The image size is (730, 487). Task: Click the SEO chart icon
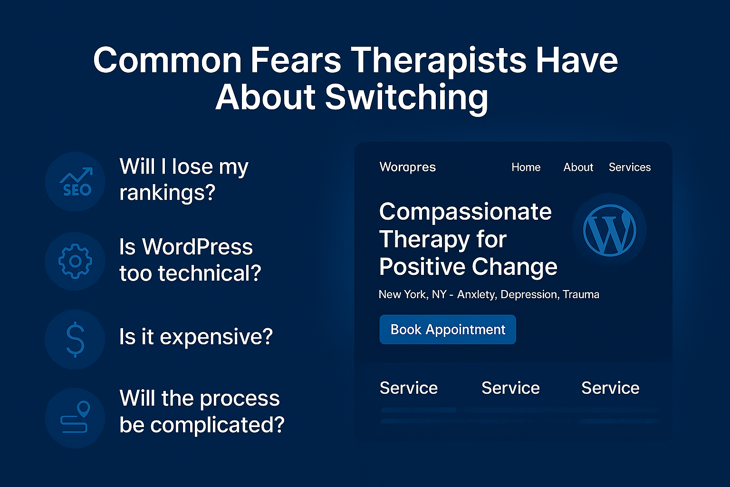(x=76, y=182)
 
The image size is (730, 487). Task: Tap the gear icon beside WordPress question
(x=75, y=261)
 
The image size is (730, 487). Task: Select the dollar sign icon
(x=75, y=339)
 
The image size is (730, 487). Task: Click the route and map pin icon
(x=75, y=418)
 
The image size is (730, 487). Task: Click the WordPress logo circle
(x=609, y=230)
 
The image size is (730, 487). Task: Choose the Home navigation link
(x=526, y=167)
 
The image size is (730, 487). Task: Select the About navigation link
(x=578, y=167)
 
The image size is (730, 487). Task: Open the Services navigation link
(x=630, y=167)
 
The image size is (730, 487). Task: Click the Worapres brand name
(x=407, y=167)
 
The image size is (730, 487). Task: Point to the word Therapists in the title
(x=438, y=60)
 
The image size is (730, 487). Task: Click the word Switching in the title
(x=406, y=97)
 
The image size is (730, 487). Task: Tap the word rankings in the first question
(x=167, y=193)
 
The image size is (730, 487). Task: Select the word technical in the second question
(x=209, y=273)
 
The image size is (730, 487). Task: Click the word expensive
(x=216, y=337)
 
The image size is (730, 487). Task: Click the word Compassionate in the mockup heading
(x=465, y=212)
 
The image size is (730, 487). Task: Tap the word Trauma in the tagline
(x=581, y=295)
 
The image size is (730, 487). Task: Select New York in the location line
(x=403, y=295)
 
